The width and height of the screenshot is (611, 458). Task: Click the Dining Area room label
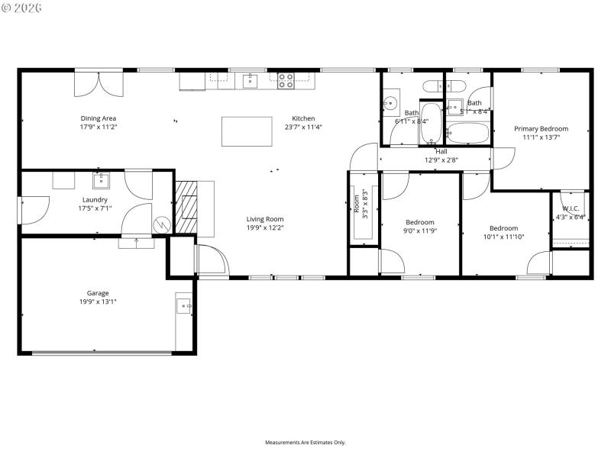point(99,118)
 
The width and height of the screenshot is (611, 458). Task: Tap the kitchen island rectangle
point(247,131)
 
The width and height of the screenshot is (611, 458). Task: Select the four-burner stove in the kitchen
point(286,79)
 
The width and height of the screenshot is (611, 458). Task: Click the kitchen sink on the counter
point(251,80)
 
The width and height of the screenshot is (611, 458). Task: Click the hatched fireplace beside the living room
point(187,206)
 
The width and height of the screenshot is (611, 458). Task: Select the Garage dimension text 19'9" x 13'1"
point(98,302)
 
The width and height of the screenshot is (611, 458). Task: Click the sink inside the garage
point(183,307)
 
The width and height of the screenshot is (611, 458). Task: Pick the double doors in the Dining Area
point(98,83)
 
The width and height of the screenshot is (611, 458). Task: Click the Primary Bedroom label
point(541,129)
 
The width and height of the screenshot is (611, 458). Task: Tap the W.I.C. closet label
point(571,208)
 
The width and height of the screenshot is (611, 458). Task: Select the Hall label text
point(441,151)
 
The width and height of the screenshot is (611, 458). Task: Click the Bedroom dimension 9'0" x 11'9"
point(419,231)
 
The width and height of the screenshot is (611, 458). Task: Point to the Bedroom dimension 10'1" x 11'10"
point(503,237)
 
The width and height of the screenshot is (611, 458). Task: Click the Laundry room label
point(95,199)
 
